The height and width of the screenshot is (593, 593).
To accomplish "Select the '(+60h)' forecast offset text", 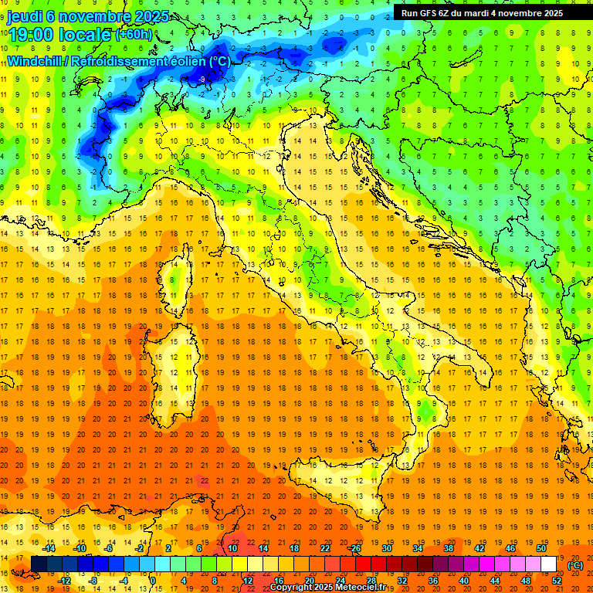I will [134, 34].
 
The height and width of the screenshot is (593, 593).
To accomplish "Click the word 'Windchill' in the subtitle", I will [36, 61].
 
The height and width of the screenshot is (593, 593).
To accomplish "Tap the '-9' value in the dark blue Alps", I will [202, 80].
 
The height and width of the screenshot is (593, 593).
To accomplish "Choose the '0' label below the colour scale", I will [153, 581].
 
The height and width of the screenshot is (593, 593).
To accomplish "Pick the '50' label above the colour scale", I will [541, 548].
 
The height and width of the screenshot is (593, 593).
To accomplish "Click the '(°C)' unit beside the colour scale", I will [575, 564].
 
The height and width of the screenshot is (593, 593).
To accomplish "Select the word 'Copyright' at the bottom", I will [290, 588].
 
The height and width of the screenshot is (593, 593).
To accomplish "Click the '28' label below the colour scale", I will [371, 581].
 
